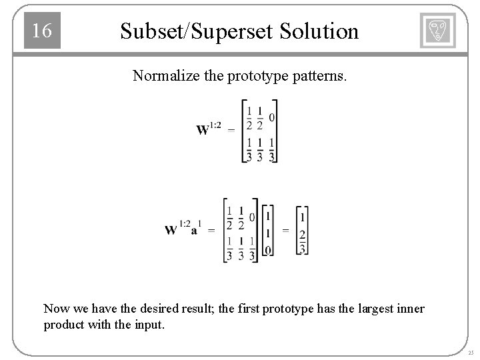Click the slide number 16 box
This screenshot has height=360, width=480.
[x=42, y=31]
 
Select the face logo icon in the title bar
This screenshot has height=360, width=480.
[x=437, y=31]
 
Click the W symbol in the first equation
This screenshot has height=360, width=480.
[x=203, y=129]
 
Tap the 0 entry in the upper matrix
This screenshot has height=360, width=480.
[x=272, y=117]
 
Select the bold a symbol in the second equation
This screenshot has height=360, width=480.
[x=195, y=231]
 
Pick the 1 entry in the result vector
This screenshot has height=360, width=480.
[x=303, y=217]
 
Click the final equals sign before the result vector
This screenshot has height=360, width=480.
[x=285, y=230]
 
